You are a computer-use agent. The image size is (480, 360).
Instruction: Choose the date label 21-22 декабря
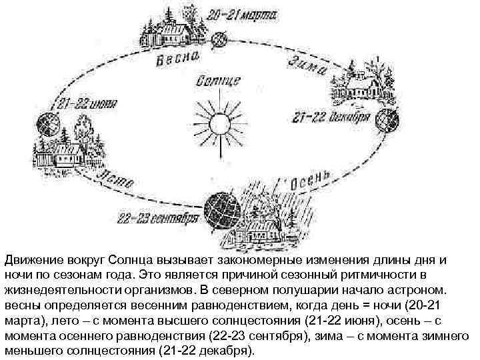331,118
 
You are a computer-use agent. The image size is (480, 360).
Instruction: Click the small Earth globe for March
220,40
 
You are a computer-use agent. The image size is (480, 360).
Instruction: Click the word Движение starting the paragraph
29,258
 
